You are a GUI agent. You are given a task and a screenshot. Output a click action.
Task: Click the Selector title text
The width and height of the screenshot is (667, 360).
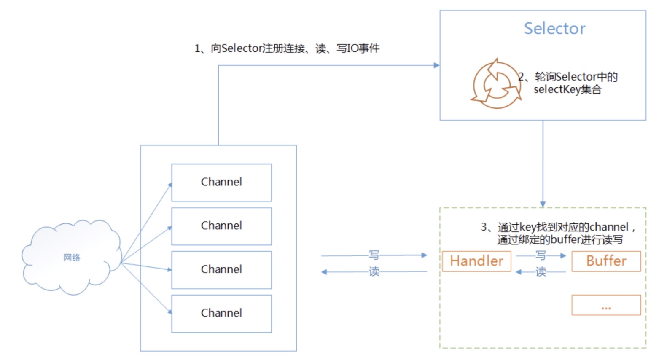[554, 29]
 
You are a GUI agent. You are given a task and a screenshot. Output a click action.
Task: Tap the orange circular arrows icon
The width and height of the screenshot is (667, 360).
[496, 84]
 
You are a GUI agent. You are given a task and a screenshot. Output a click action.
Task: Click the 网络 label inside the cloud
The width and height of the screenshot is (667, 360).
[72, 258]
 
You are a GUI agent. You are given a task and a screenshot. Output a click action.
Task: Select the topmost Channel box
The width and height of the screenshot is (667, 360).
[221, 183]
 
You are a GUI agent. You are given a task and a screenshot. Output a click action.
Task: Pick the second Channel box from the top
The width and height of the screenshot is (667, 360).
[221, 226]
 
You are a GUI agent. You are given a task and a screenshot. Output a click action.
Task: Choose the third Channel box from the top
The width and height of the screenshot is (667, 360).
[221, 270]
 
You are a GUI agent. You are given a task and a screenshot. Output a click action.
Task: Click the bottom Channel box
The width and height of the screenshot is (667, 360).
[221, 314]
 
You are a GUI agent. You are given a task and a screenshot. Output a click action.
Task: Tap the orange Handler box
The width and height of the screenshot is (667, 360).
[476, 261]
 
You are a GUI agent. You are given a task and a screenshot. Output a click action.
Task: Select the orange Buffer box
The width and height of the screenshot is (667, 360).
[606, 261]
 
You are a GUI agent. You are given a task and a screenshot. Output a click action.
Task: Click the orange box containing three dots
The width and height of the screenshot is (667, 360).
[606, 305]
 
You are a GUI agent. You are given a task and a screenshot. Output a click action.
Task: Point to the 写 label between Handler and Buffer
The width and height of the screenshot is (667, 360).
[541, 255]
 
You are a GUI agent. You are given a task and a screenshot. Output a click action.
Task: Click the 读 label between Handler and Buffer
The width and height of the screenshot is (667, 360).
[541, 272]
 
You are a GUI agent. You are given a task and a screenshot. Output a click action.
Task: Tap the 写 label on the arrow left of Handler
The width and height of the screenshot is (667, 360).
[374, 255]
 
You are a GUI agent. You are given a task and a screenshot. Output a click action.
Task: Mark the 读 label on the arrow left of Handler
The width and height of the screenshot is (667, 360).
[374, 272]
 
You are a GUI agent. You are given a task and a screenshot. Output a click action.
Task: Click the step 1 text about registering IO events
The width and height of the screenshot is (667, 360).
[287, 48]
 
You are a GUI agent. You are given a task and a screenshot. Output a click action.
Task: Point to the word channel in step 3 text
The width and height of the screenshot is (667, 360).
[609, 227]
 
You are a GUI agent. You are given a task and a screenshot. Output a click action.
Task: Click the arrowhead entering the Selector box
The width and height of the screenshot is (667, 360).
[437, 65]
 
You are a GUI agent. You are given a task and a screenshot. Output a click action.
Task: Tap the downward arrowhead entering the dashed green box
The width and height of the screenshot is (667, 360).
[543, 204]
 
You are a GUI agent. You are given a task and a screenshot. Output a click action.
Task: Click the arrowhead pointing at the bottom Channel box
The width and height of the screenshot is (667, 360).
[170, 312]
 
